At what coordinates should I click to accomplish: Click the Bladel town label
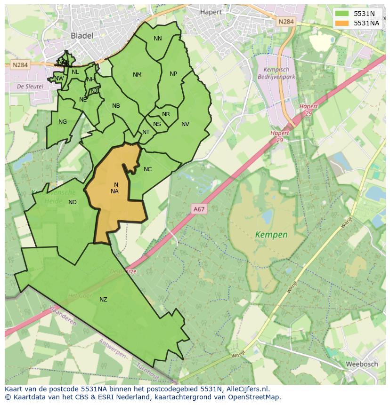click(82, 35)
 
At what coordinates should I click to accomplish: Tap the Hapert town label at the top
click(211, 12)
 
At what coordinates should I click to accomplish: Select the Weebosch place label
click(361, 364)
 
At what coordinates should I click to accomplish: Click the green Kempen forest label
click(271, 234)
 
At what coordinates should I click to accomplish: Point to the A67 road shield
click(199, 209)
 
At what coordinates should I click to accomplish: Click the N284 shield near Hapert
click(285, 22)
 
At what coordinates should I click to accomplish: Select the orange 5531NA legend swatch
click(342, 23)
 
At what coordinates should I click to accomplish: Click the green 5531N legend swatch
click(342, 14)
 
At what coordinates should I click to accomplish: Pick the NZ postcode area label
click(103, 299)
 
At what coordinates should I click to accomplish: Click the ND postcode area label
click(72, 202)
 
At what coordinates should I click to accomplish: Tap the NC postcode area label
click(147, 169)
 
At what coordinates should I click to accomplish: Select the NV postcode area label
click(185, 124)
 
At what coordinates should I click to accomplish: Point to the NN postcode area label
click(158, 39)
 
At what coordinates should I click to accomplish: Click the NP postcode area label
click(173, 74)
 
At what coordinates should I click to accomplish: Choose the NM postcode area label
click(137, 75)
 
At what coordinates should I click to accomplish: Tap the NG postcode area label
click(63, 122)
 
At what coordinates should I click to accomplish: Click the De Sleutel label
click(30, 87)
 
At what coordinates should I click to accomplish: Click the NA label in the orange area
click(114, 191)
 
